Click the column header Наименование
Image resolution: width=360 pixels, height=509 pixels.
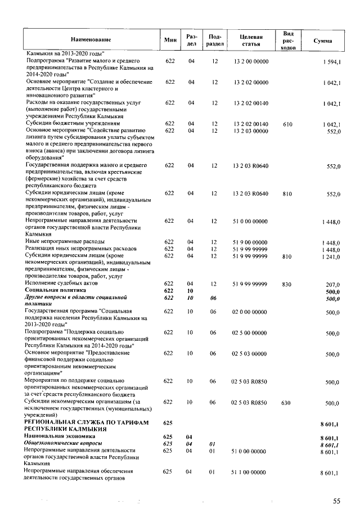click(x=91, y=40)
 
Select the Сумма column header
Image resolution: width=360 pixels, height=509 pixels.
click(x=322, y=40)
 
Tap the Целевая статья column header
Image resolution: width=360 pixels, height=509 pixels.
click(x=250, y=40)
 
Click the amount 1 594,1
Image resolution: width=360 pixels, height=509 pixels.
click(x=330, y=61)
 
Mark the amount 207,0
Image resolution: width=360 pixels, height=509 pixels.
click(x=334, y=284)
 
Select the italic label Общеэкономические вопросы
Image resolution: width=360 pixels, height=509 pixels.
click(x=61, y=443)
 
